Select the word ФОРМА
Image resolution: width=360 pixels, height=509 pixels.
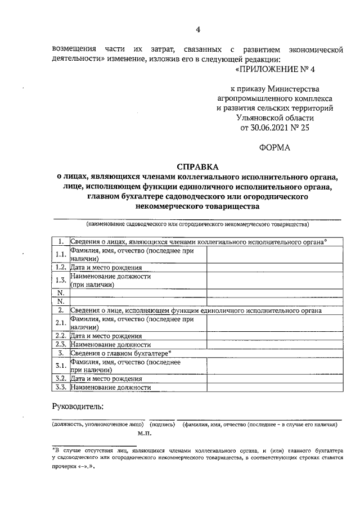pyautogui.click(x=274, y=148)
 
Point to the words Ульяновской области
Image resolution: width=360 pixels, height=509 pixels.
pyautogui.click(x=276, y=118)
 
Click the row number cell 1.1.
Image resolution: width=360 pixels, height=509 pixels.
pyautogui.click(x=61, y=255)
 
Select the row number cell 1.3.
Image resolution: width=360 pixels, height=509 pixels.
pyautogui.click(x=61, y=280)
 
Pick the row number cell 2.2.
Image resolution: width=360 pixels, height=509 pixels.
pyautogui.click(x=61, y=336)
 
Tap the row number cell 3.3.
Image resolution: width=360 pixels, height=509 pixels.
pyautogui.click(x=61, y=387)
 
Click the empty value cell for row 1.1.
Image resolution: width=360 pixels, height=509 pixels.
pyautogui.click(x=274, y=255)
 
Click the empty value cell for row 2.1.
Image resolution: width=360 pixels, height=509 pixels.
pyautogui.click(x=274, y=323)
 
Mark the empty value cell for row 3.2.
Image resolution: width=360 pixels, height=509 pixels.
pyautogui.click(x=274, y=379)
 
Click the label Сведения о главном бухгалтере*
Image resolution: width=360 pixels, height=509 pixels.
pyautogui.click(x=120, y=353)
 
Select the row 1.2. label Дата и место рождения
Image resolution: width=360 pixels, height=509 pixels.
pyautogui.click(x=106, y=268)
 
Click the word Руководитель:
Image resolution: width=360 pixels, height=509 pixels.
pyautogui.click(x=78, y=406)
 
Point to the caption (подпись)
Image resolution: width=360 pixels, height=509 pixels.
pyautogui.click(x=162, y=425)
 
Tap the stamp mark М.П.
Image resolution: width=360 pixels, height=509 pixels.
pyautogui.click(x=145, y=434)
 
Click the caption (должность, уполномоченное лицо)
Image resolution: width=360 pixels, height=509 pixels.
pyautogui.click(x=97, y=425)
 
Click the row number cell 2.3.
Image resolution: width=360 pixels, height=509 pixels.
pyautogui.click(x=61, y=344)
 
